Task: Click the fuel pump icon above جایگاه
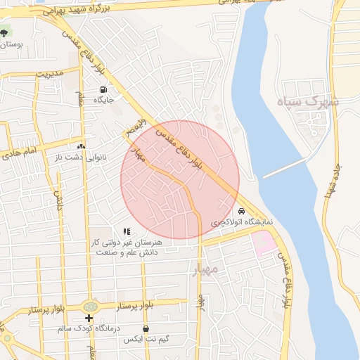tap(104, 89)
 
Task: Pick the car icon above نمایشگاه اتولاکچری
tap(242, 211)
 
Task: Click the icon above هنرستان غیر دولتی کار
tap(127, 231)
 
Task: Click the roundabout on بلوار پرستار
tap(90, 307)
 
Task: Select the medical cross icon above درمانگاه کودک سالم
tap(89, 319)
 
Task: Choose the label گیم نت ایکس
tap(143, 339)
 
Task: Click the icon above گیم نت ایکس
tap(146, 328)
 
